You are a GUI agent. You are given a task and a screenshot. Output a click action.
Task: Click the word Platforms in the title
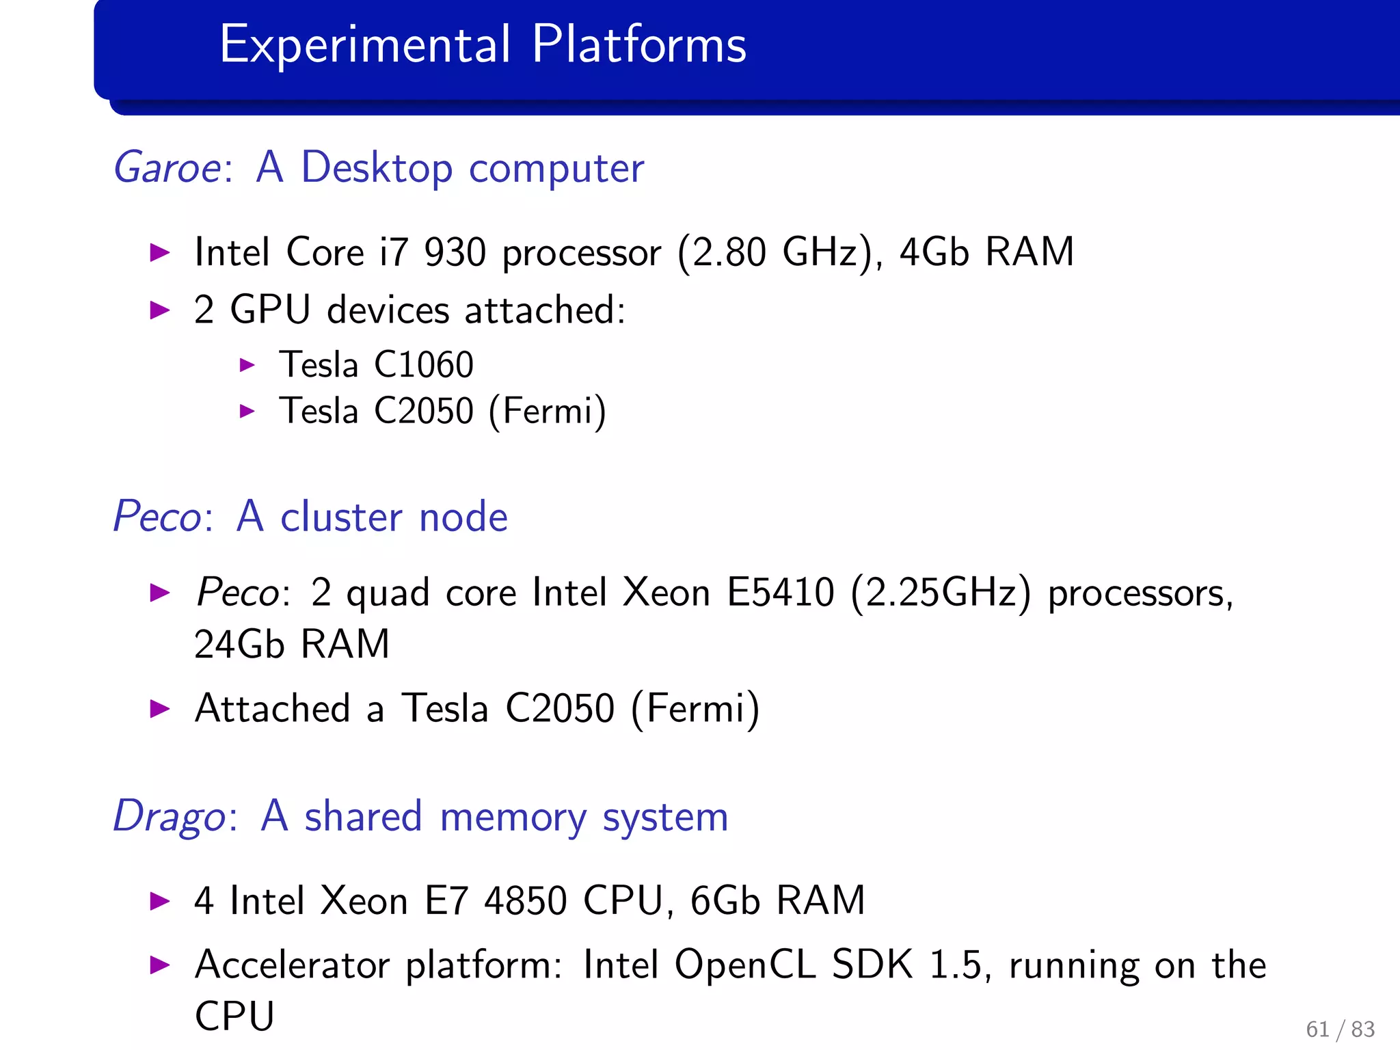[x=638, y=44]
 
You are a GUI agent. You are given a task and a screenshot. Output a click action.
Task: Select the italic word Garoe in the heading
[x=167, y=168]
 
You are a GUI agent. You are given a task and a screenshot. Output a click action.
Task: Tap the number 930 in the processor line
[x=455, y=252]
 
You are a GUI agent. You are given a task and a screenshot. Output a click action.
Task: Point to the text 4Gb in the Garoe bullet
[x=934, y=252]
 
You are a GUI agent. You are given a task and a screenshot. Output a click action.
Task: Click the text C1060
[x=424, y=364]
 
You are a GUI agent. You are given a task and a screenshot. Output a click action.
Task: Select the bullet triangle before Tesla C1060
[x=247, y=365]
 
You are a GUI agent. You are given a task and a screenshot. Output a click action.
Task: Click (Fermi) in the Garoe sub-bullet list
[x=547, y=412]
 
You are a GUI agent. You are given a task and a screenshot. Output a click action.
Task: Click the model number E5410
[x=780, y=592]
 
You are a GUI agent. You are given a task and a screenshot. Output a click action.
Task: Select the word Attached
[x=272, y=708]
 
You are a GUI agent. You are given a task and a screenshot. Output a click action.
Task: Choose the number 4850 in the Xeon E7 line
[x=525, y=901]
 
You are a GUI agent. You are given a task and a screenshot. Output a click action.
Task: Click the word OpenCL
[x=744, y=965]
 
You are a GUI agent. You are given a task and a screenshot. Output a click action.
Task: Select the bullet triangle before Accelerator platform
[x=160, y=965]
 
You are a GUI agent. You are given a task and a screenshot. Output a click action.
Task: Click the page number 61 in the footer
[x=1317, y=1029]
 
